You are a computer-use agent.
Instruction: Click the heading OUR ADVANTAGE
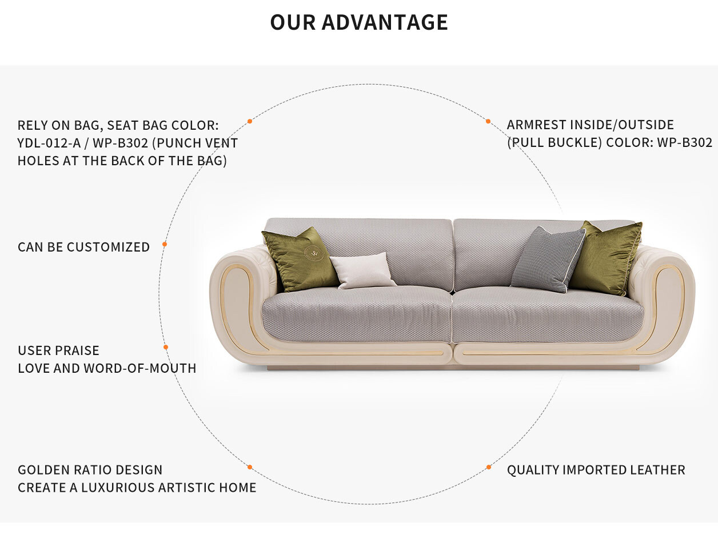coord(359,22)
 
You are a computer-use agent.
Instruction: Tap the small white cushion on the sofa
coord(363,270)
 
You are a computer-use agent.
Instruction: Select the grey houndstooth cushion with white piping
coord(548,260)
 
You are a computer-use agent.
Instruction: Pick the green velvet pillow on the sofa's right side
coord(606,258)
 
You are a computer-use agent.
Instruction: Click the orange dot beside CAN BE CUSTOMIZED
coord(165,244)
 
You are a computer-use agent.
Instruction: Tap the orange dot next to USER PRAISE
coord(166,347)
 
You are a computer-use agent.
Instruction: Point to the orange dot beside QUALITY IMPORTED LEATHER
coord(489,467)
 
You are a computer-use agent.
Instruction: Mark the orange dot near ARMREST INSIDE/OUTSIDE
coord(488,121)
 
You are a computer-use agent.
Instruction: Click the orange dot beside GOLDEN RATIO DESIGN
coord(250,467)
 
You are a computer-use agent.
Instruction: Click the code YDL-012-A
coord(49,143)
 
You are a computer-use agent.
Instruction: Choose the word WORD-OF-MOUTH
coord(139,368)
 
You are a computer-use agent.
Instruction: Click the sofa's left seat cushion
coord(357,314)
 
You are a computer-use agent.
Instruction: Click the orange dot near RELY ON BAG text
coord(250,121)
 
